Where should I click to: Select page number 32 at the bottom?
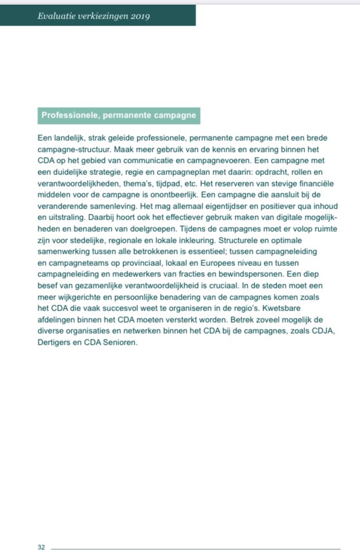click(x=41, y=547)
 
